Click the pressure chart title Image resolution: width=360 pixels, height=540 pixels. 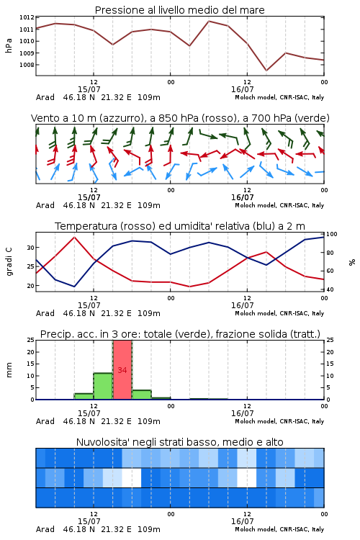coord(179,10)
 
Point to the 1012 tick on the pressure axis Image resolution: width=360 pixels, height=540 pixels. coord(27,17)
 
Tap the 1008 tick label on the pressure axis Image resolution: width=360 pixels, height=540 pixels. coord(27,65)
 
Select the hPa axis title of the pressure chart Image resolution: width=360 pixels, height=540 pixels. coord(9,45)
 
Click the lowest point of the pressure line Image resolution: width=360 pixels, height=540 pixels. coord(266,71)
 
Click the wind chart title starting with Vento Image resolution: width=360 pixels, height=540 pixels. coord(180,118)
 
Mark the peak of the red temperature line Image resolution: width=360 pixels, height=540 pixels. coord(74,237)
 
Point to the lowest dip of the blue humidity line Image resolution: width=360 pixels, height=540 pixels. coord(74,287)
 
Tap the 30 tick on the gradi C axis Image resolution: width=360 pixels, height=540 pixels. coord(31,248)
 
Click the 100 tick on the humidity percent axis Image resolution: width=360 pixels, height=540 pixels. coord(332,234)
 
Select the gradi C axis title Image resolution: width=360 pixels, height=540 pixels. coord(9,261)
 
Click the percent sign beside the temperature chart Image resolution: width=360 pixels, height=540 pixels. coord(352,262)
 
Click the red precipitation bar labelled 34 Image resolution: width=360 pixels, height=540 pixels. coord(122,370)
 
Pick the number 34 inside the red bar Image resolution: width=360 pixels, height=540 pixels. coord(122,370)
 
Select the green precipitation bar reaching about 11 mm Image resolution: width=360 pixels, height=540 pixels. coord(103,386)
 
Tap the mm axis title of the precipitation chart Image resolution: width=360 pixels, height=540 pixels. coord(9,370)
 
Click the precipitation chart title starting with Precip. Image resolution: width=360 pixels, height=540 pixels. coord(180,334)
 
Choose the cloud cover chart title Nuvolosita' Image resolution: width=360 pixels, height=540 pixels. coord(179,442)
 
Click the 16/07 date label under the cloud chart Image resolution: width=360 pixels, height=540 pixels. coord(242,521)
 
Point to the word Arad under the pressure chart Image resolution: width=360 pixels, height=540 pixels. coord(45,97)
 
